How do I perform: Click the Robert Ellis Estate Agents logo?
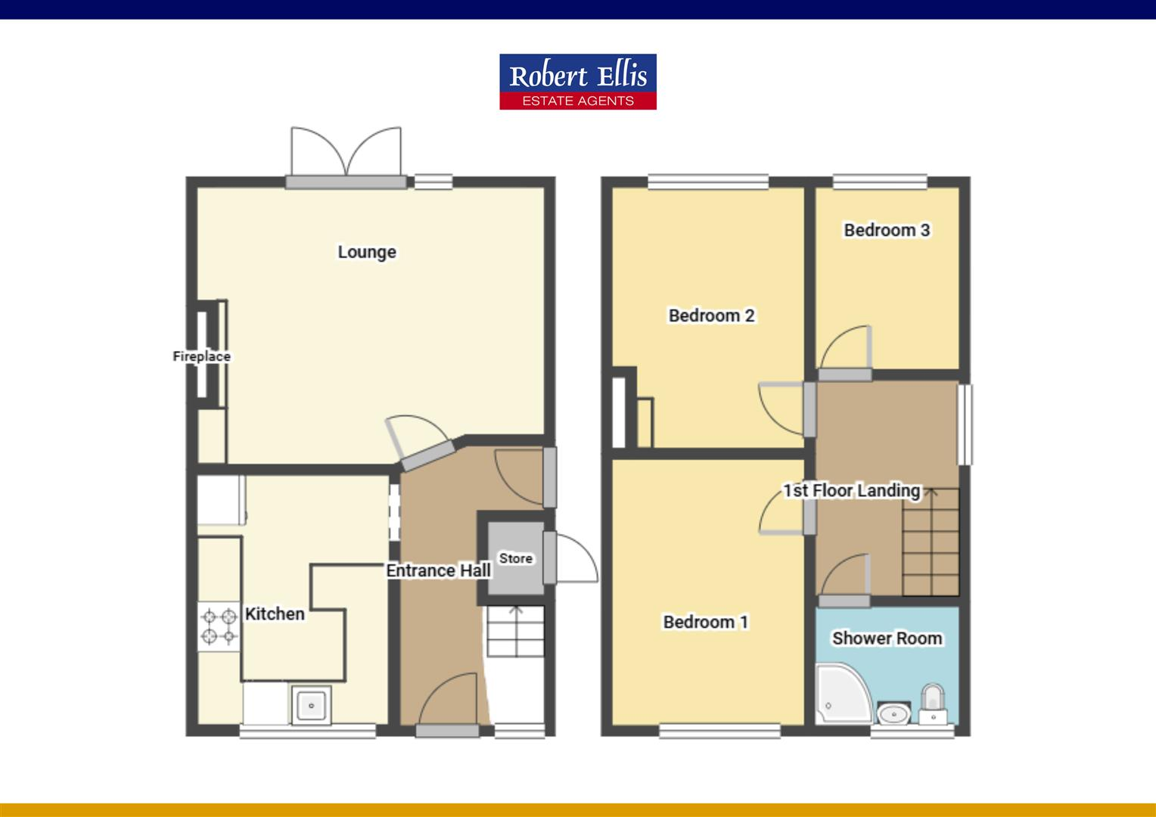pyautogui.click(x=577, y=82)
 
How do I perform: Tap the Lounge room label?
pyautogui.click(x=367, y=252)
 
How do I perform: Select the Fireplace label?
pyautogui.click(x=201, y=356)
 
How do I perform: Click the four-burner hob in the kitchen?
pyautogui.click(x=219, y=626)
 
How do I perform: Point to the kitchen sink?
pyautogui.click(x=311, y=706)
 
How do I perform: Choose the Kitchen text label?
pyautogui.click(x=275, y=614)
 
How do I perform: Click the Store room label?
pyautogui.click(x=516, y=558)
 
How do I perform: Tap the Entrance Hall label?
pyautogui.click(x=438, y=570)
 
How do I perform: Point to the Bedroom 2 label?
pyautogui.click(x=711, y=315)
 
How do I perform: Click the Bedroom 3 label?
pyautogui.click(x=887, y=230)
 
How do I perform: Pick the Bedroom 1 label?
pyautogui.click(x=706, y=622)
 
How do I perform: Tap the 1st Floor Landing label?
pyautogui.click(x=851, y=490)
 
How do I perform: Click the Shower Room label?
pyautogui.click(x=887, y=638)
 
